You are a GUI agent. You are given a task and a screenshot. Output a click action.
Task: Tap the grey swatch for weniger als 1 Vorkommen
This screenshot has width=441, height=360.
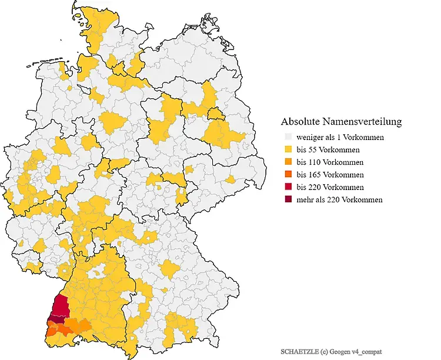click(287, 138)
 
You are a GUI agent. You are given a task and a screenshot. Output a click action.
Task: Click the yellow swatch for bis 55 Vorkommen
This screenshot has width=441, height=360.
click(287, 150)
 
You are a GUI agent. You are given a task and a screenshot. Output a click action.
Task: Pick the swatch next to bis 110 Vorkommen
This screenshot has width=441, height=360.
click(287, 162)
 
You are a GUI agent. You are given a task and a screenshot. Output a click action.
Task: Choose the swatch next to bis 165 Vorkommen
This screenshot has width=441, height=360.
click(287, 175)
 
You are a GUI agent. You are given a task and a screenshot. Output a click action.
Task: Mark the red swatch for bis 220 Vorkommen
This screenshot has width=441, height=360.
click(287, 187)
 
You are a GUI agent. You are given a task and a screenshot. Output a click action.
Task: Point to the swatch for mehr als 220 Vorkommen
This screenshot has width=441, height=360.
click(287, 199)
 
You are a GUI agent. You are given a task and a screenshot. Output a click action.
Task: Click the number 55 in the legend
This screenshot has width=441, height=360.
click(314, 150)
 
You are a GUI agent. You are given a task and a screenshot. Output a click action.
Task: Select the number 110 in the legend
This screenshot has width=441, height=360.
click(316, 162)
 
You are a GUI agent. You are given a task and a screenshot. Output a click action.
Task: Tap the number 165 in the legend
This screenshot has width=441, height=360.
click(316, 175)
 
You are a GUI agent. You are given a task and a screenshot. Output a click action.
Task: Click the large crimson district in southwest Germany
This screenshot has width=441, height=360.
click(59, 306)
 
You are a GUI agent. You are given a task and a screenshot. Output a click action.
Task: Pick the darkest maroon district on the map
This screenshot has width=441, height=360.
click(57, 319)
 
